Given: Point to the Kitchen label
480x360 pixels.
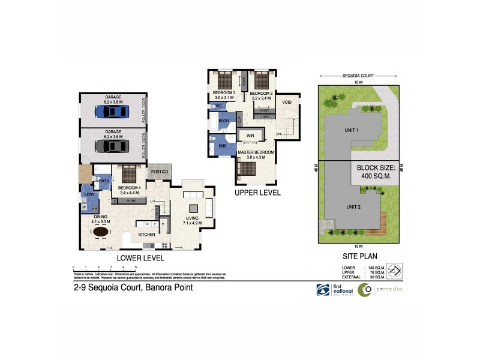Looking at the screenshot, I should [x=147, y=233].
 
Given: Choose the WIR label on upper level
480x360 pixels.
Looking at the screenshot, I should [x=250, y=136].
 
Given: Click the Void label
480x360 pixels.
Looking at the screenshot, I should [x=287, y=103].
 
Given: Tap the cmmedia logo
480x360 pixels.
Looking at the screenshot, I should [x=380, y=290].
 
